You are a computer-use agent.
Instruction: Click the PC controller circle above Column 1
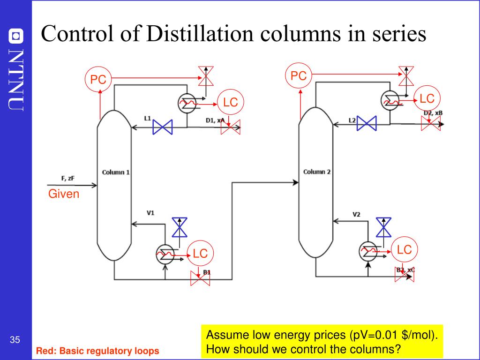(98, 80)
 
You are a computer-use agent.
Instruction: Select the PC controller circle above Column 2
(298, 75)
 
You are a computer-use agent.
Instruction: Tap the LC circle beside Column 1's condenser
(231, 102)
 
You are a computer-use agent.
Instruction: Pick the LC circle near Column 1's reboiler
(200, 254)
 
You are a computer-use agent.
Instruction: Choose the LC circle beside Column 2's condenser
(427, 98)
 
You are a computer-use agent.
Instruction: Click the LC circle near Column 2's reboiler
(404, 250)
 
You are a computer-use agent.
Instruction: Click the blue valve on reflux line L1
(163, 127)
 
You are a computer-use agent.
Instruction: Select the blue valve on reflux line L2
(367, 123)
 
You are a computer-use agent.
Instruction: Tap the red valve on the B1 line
(200, 278)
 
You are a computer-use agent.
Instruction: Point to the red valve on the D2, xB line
(431, 124)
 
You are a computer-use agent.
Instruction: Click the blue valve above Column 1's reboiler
(179, 227)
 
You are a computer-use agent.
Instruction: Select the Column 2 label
(317, 172)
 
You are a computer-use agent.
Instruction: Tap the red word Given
(64, 194)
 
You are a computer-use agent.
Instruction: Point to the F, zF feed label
(68, 178)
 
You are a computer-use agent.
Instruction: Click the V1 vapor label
(150, 213)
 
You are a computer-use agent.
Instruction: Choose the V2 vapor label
(356, 215)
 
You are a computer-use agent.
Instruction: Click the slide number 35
(15, 340)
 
